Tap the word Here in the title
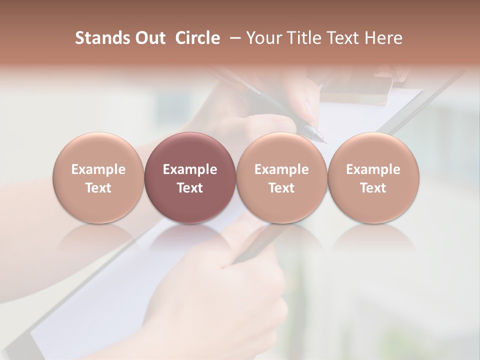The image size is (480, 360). point(384,38)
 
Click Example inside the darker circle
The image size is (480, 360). point(190,169)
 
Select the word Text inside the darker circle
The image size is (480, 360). point(190,188)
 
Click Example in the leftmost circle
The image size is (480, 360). point(98,169)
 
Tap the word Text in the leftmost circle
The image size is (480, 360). point(98,188)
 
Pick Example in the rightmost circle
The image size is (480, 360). point(373,169)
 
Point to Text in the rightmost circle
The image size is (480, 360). point(373,188)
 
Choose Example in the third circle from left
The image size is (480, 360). point(281,169)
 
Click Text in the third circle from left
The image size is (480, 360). point(281,188)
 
